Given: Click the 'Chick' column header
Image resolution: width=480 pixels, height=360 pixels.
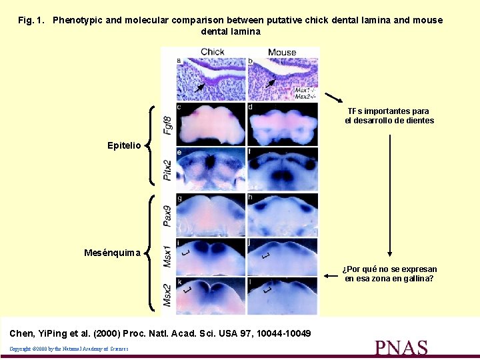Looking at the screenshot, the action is pos(212,52).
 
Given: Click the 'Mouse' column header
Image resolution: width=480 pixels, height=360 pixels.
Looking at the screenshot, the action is pos(282,52).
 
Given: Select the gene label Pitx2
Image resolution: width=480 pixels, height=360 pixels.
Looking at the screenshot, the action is pos(168,170).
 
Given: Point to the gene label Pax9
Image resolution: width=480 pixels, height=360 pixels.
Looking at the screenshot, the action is pos(168,215).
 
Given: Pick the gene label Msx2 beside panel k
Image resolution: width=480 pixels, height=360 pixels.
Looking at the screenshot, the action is pos(168,295).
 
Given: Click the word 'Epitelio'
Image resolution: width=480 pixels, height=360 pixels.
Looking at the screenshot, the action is pos(124,145).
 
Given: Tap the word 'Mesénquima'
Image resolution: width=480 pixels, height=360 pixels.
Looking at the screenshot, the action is pos(113,253).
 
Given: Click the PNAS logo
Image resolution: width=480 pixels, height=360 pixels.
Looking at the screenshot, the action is pos(401,347).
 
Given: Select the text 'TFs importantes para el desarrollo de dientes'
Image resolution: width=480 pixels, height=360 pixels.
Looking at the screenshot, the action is pos(389,116).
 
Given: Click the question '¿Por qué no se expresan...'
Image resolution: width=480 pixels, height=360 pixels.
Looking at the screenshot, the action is pos(389,274).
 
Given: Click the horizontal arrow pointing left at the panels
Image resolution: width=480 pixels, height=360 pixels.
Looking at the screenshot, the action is pos(330,274).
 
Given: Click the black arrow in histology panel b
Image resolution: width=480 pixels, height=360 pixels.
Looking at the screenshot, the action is pos(269,83).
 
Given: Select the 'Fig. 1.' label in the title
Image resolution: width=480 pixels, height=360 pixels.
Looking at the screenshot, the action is pos(31,20).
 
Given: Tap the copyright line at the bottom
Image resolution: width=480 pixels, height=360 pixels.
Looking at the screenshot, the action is pos(69,349).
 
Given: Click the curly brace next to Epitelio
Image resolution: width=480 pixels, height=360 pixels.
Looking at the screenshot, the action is pos(150,145).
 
